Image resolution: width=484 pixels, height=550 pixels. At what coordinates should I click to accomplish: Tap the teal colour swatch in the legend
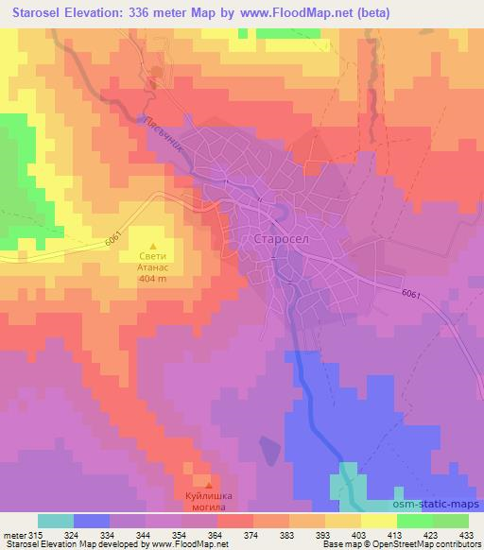pos(56,521)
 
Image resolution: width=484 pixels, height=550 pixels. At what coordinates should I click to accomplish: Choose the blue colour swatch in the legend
pos(92,521)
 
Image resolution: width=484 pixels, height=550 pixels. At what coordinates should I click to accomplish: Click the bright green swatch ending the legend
pos(450,521)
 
